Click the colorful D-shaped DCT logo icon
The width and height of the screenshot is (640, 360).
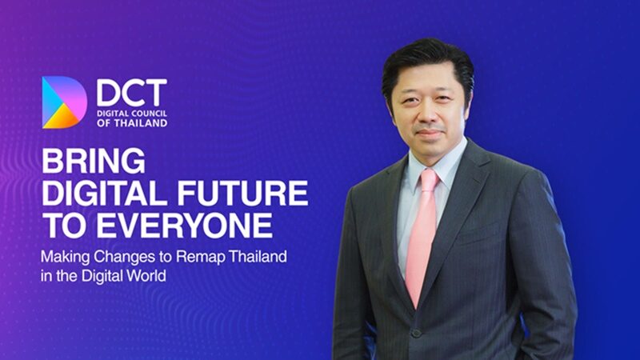click(64, 102)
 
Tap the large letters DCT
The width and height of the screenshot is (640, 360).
click(132, 92)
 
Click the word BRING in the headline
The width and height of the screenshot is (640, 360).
click(94, 161)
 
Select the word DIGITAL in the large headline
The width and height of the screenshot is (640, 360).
click(105, 193)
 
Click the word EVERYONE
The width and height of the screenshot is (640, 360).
click(184, 225)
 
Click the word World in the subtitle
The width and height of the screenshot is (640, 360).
click(146, 276)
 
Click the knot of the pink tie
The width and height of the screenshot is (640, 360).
click(430, 180)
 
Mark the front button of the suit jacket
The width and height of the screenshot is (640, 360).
click(416, 333)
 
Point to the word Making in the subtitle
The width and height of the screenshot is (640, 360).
click(66, 258)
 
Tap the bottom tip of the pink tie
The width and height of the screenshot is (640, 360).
click(416, 307)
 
